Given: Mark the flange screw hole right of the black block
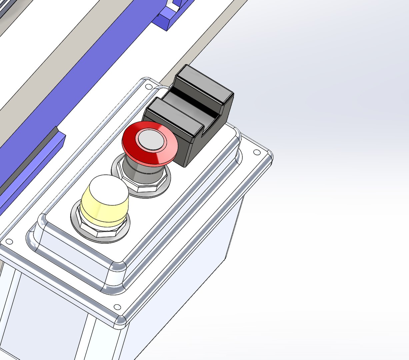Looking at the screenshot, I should tap(257, 152).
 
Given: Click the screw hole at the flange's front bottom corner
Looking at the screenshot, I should tap(117, 307).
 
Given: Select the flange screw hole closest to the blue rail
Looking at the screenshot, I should tap(9, 241).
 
